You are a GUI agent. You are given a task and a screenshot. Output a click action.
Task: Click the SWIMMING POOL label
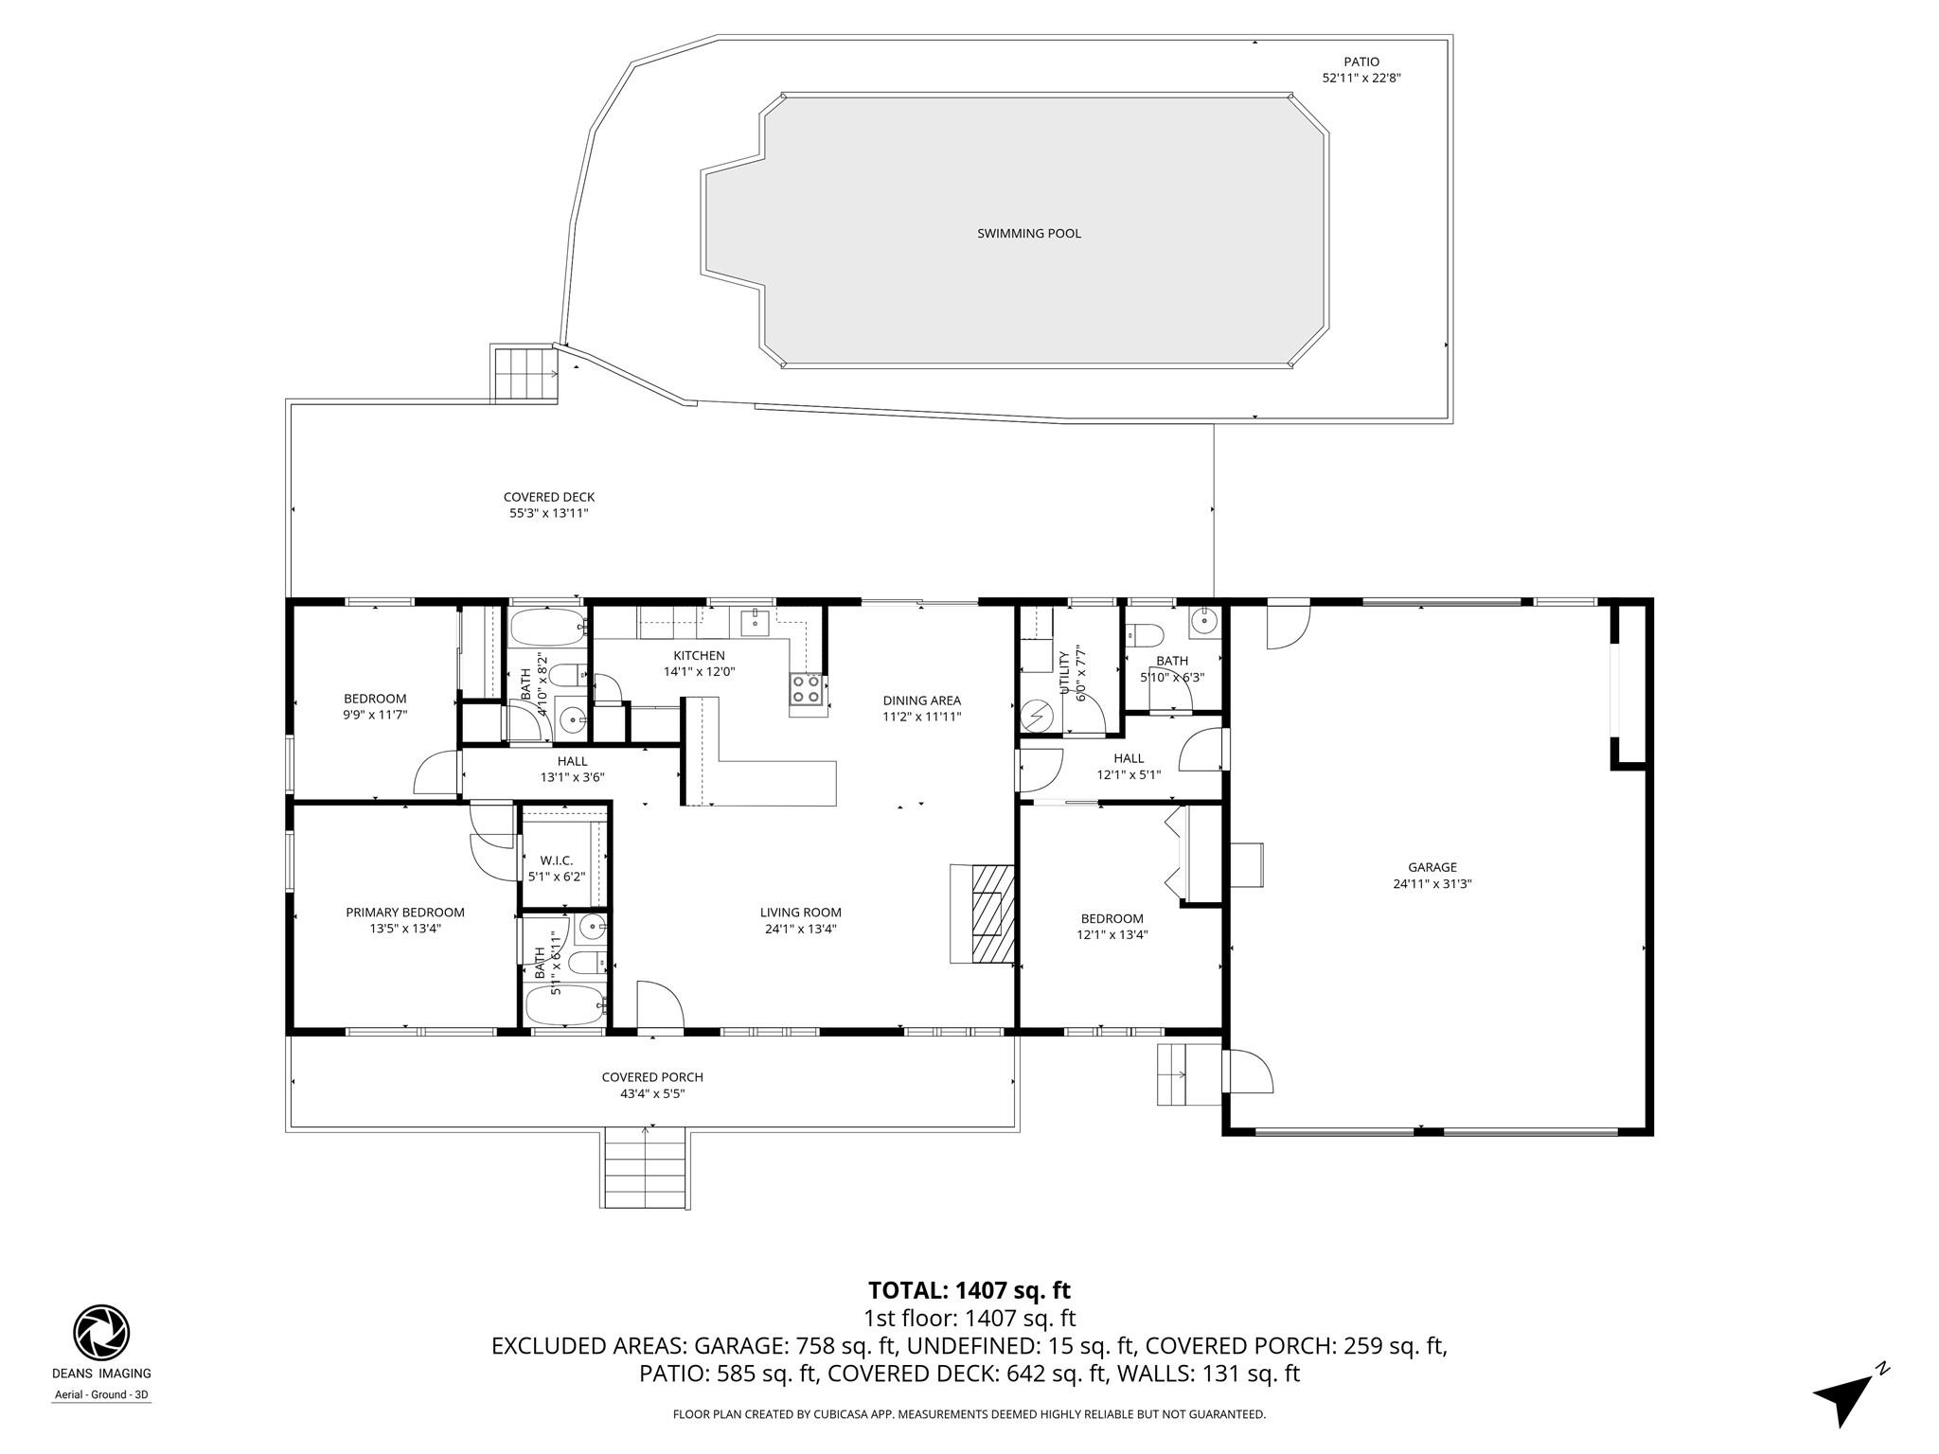click(1028, 233)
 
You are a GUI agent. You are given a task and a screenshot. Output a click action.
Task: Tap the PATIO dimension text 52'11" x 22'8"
click(1361, 79)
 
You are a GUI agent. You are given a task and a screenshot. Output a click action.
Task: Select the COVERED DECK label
click(548, 497)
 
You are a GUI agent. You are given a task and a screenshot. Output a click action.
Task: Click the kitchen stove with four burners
click(806, 689)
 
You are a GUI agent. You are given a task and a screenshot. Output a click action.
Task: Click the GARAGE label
click(1432, 867)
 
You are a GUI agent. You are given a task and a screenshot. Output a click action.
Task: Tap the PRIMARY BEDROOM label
click(404, 913)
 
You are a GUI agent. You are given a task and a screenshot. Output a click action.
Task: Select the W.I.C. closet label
click(557, 860)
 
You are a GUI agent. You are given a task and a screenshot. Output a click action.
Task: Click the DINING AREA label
click(921, 700)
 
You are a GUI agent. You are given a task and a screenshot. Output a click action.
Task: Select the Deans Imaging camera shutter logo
click(101, 1332)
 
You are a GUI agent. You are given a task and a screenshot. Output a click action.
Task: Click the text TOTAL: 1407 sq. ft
click(969, 1290)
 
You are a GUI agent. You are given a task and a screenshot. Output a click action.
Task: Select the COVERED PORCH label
click(652, 1077)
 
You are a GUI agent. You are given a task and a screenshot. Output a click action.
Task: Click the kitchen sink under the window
click(755, 621)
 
